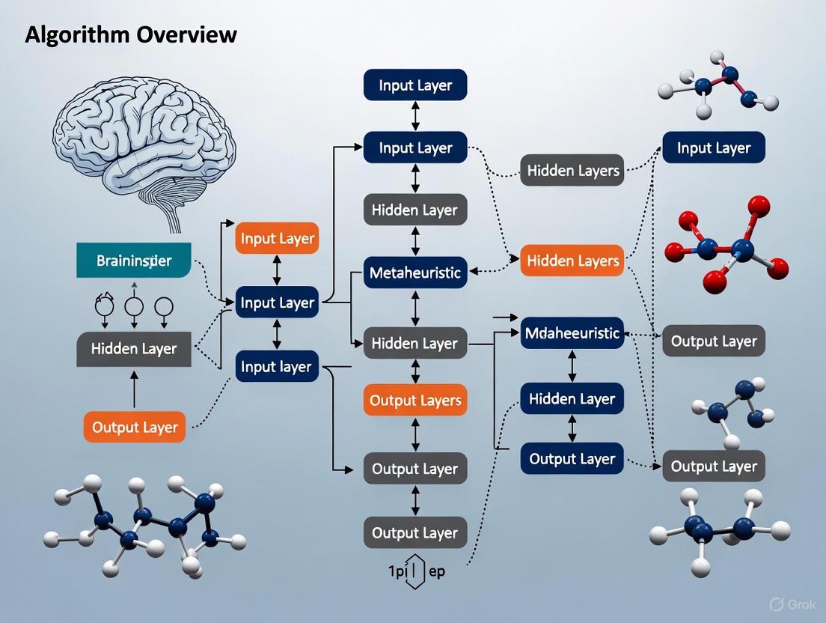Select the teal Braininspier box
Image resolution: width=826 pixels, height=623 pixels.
134,261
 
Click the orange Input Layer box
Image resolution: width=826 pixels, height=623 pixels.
277,240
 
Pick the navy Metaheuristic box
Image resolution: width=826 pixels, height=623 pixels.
414,273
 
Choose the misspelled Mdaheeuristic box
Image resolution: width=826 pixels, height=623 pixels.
572,332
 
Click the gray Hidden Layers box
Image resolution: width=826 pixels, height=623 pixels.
572,171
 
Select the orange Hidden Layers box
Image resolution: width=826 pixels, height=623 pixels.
572,261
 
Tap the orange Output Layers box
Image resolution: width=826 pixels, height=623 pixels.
414,400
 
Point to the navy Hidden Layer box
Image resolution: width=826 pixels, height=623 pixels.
572,399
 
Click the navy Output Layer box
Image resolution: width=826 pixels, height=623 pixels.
572,459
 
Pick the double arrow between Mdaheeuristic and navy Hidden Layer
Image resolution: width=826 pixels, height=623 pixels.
572,365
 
